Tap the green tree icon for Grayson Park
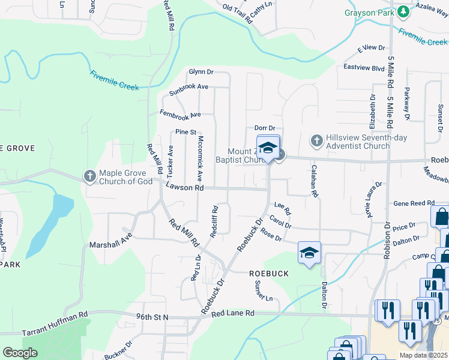404,11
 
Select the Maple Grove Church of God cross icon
89,176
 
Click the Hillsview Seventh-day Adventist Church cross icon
316,142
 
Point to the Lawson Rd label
185,188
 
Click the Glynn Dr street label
201,71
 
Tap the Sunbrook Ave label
188,90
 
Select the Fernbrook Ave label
179,113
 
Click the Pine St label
185,132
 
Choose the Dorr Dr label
264,128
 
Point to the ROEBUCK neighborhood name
269,274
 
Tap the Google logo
20,353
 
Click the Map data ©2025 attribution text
423,355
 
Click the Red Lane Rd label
232,313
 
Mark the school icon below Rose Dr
309,253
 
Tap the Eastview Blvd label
364,68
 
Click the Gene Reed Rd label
414,204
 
